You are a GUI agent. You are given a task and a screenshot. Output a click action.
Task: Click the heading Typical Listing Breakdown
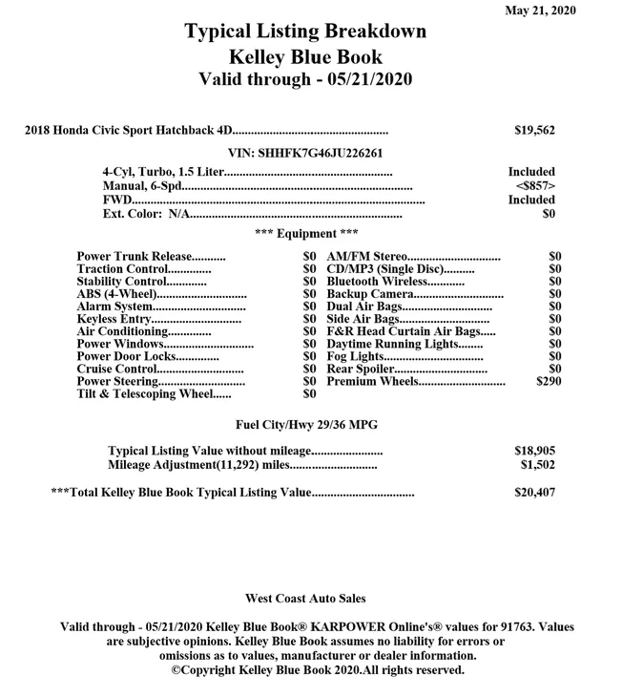click(x=305, y=32)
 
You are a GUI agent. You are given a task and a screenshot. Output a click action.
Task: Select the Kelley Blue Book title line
click(x=305, y=55)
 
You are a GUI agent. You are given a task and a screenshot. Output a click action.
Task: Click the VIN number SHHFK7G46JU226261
click(x=306, y=153)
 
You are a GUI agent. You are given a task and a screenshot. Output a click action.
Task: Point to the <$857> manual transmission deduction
click(x=535, y=185)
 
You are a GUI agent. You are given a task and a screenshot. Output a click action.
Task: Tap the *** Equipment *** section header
click(x=306, y=233)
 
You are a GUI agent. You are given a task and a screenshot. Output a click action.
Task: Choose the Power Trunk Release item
click(x=134, y=257)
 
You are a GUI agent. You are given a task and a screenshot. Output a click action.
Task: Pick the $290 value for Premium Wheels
click(x=549, y=381)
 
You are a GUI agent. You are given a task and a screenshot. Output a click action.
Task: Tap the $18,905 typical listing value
click(x=534, y=451)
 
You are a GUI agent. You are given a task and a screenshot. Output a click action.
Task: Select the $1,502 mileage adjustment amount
click(x=537, y=465)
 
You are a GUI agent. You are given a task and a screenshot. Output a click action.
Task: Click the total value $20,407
click(x=534, y=493)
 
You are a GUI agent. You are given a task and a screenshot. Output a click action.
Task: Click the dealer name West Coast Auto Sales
click(x=305, y=599)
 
